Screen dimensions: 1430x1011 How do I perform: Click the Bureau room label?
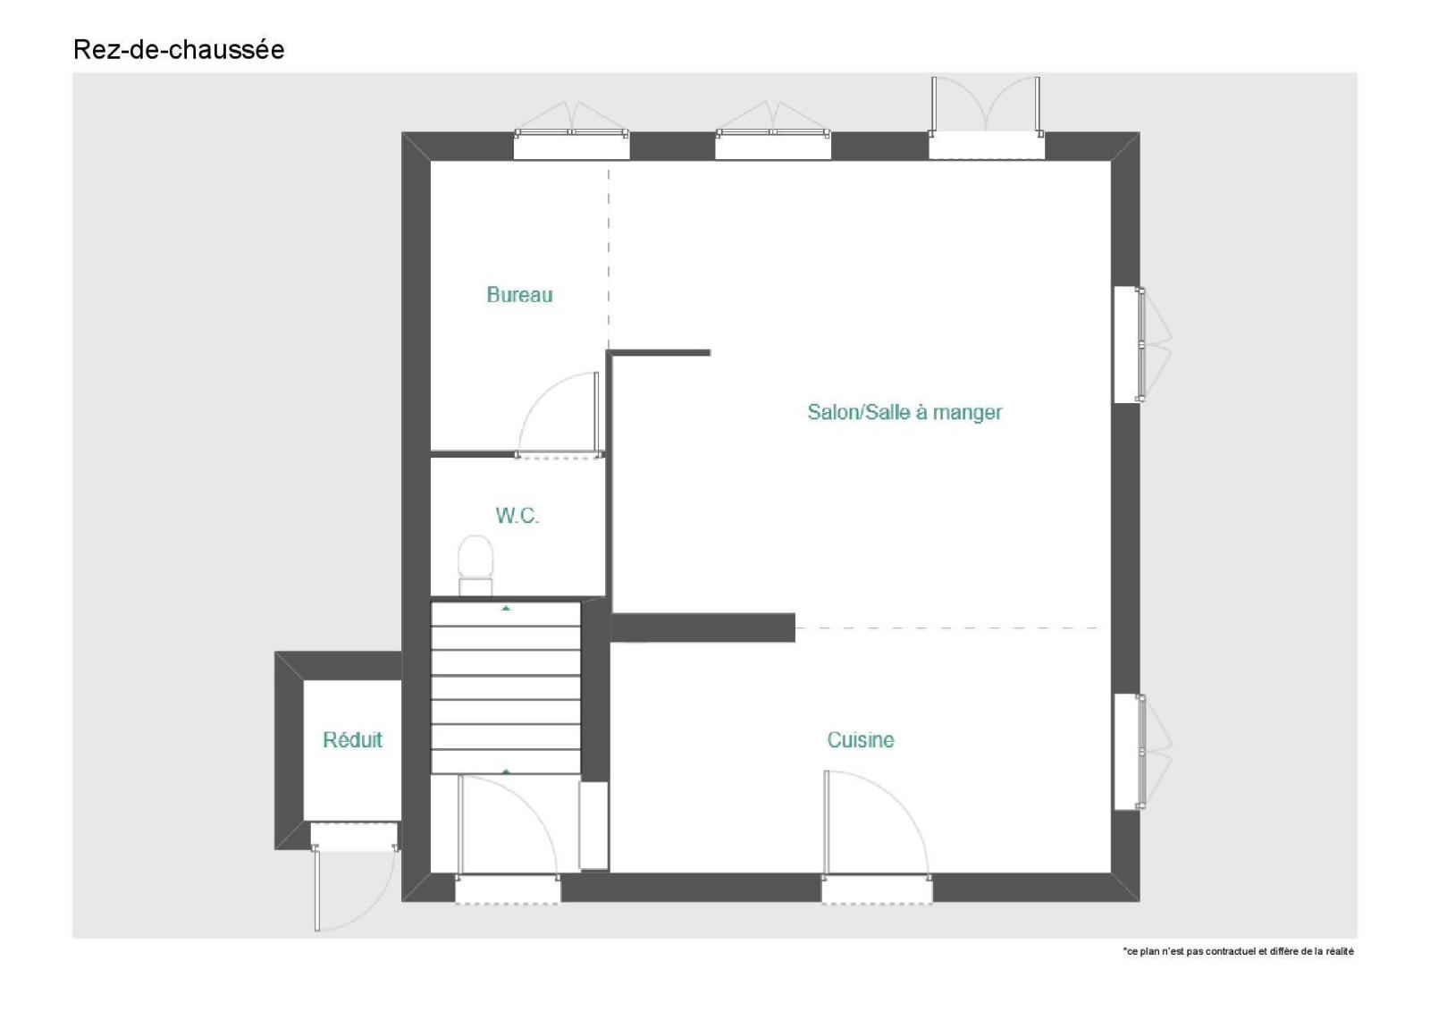pyautogui.click(x=519, y=294)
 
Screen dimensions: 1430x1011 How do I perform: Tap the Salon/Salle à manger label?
pyautogui.click(x=904, y=412)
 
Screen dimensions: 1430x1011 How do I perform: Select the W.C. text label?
pyautogui.click(x=517, y=516)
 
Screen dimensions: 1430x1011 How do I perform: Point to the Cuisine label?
pyautogui.click(x=860, y=739)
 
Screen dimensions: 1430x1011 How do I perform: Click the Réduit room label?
pyautogui.click(x=352, y=739)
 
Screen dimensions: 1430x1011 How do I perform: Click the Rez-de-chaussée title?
pyautogui.click(x=179, y=50)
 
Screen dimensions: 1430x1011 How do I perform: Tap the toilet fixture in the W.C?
pyautogui.click(x=475, y=565)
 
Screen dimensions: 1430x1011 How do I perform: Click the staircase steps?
pyautogui.click(x=506, y=687)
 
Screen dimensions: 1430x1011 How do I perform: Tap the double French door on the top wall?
pyautogui.click(x=986, y=105)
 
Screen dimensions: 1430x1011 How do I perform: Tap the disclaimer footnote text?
pyautogui.click(x=1238, y=952)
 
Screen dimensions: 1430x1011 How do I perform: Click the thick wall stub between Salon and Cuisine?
pyautogui.click(x=702, y=628)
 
